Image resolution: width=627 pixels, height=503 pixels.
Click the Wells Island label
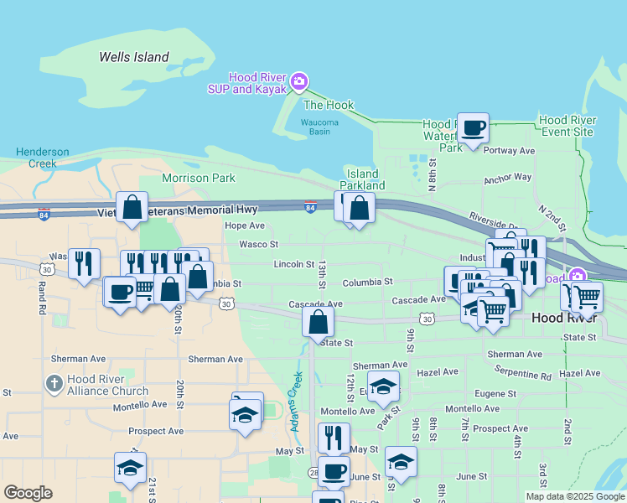134,58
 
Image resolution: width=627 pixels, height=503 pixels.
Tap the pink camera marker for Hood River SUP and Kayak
300,81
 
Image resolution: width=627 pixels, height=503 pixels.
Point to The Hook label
329,106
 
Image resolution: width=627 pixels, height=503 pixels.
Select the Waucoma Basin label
319,127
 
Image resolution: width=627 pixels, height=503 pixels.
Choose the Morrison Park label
199,178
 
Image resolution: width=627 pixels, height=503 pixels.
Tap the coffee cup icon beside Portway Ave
474,128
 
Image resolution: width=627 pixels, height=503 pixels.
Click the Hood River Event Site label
567,126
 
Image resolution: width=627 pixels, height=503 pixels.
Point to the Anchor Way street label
508,178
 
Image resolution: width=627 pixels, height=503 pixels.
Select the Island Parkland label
362,179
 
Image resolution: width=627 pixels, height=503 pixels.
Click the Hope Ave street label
245,226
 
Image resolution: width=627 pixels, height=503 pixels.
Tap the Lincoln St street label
294,264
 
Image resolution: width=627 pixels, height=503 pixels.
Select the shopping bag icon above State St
319,321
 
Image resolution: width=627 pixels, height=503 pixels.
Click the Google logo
28,493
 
